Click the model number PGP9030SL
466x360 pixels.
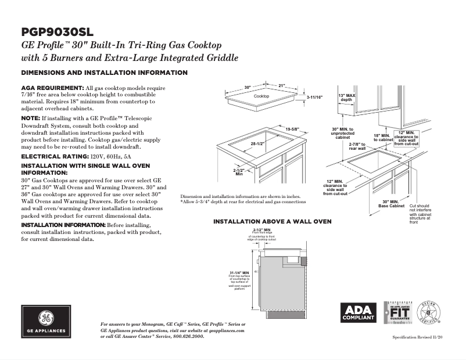tap(58, 31)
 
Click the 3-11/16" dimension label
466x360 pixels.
tap(314, 97)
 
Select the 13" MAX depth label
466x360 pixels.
tap(346, 97)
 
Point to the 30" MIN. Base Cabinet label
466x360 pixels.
tap(391, 203)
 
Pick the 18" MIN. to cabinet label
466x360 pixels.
tap(383, 138)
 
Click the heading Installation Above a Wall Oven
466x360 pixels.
tap(273, 222)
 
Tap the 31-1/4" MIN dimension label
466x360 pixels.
tap(239, 272)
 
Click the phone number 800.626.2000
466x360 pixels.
tap(185, 336)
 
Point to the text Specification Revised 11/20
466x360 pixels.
tap(417, 337)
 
